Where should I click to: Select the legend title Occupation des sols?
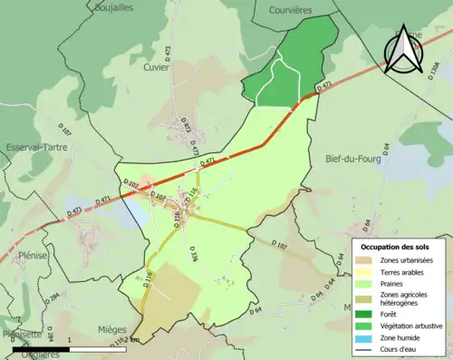click(397, 247)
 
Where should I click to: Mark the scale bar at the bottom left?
click(69, 348)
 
